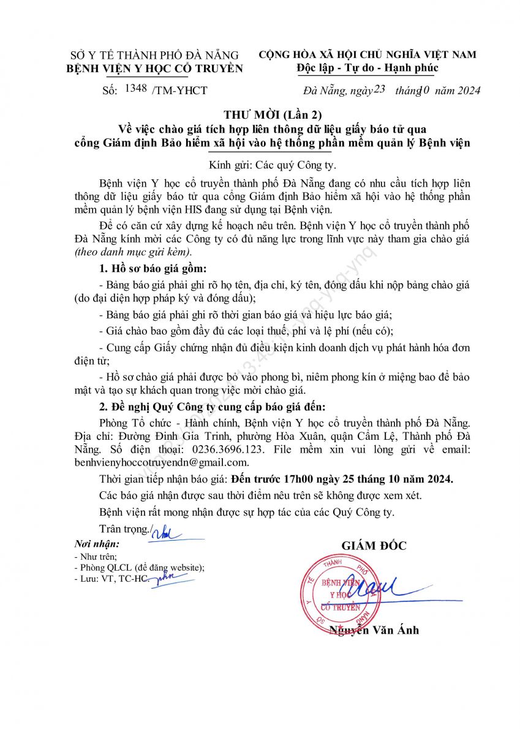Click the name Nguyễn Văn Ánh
pyautogui.click(x=374, y=631)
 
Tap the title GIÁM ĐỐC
pyautogui.click(x=373, y=546)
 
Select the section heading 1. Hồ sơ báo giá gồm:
pyautogui.click(x=153, y=269)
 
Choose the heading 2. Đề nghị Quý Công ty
pyautogui.click(x=213, y=407)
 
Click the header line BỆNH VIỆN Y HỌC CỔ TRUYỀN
pyautogui.click(x=154, y=69)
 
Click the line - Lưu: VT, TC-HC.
pyautogui.click(x=110, y=578)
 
